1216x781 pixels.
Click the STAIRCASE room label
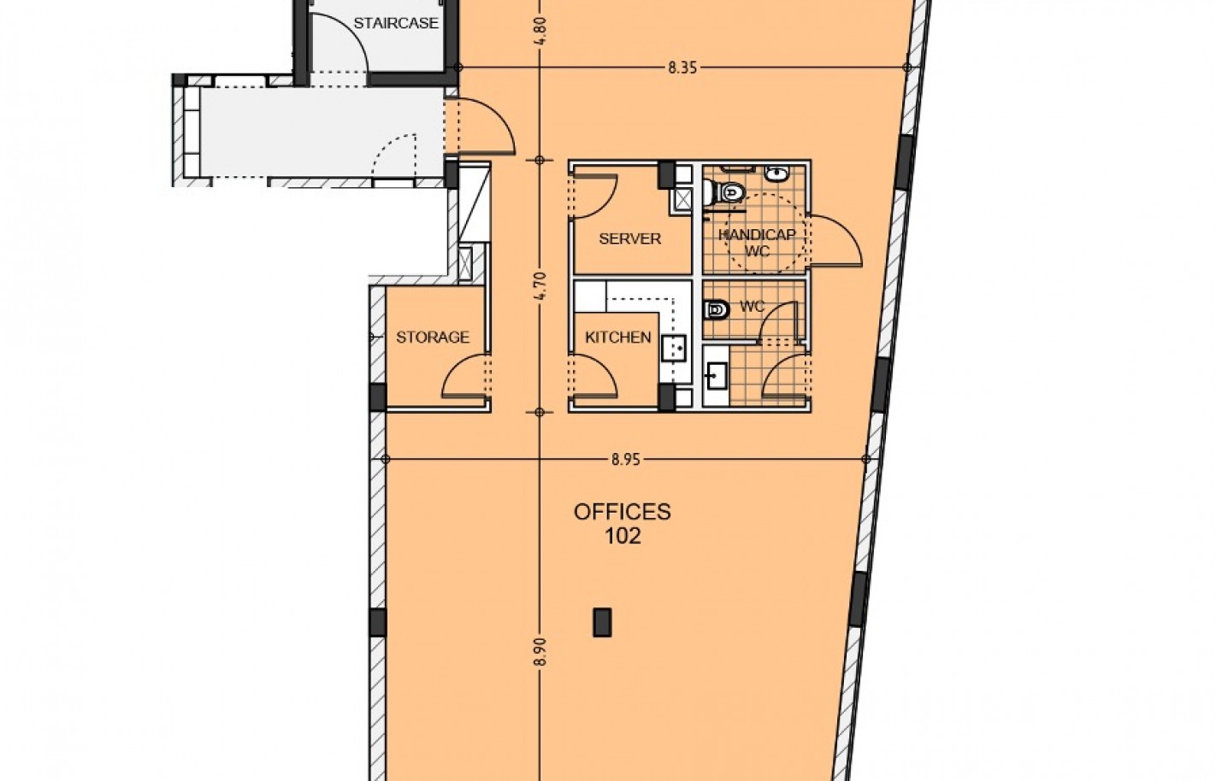396,23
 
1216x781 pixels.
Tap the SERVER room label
629,238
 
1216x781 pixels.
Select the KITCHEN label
617,338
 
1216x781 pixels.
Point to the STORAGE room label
433,338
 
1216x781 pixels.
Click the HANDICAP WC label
758,243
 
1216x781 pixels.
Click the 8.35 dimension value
682,68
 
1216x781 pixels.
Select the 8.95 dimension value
626,460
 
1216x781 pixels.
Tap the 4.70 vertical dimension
540,286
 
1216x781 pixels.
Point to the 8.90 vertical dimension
540,651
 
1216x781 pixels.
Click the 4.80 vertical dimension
540,32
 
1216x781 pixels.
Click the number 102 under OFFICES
623,537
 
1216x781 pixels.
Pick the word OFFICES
623,512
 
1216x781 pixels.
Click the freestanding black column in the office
602,622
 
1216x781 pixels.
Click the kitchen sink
674,348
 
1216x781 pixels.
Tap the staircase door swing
353,32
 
